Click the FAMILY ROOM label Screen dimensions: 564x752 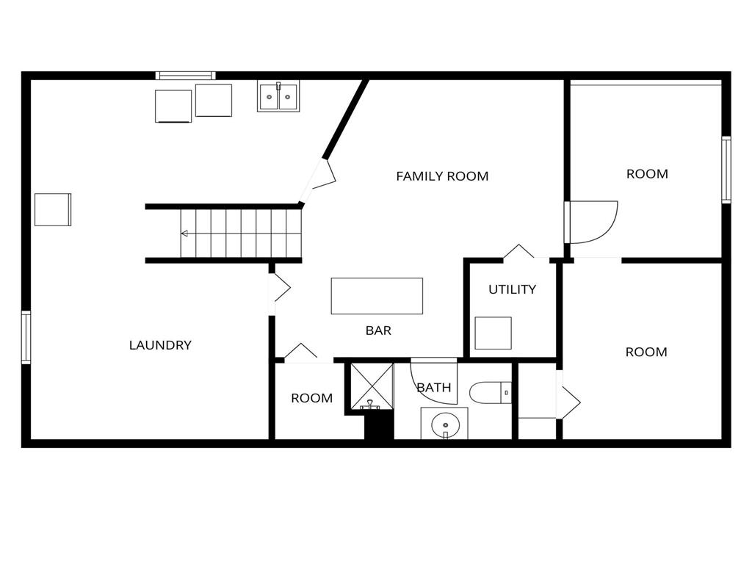(442, 176)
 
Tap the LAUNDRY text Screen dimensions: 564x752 (160, 345)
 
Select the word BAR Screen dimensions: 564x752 (378, 331)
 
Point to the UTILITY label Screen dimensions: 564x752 (512, 289)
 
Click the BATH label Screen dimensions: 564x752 (434, 388)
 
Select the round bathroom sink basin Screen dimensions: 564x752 (444, 424)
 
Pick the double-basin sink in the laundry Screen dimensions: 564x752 (278, 96)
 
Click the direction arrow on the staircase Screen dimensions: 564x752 (184, 234)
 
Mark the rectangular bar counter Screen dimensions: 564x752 (377, 296)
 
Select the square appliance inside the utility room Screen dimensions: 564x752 (493, 333)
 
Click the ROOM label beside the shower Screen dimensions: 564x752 (311, 398)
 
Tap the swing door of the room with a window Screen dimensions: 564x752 (593, 222)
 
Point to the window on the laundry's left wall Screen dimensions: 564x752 (26, 337)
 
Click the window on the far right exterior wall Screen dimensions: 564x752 (726, 170)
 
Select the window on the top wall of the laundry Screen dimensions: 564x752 (186, 75)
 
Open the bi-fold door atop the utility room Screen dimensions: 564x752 (518, 252)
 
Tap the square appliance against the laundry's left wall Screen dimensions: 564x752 (53, 209)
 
